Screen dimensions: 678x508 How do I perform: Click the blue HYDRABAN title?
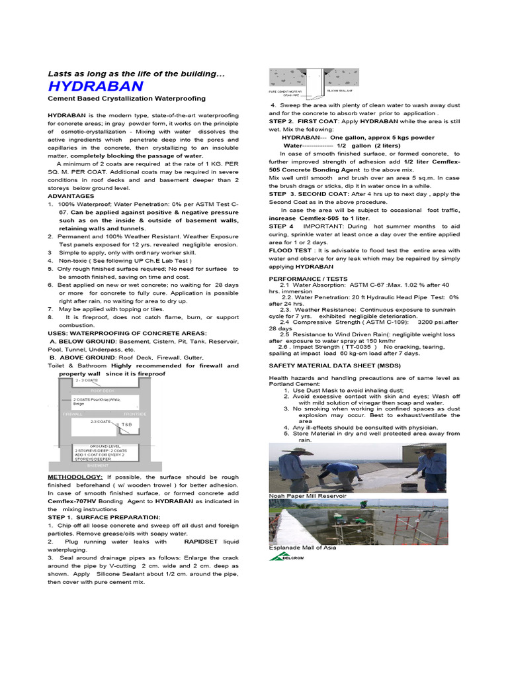point(95,86)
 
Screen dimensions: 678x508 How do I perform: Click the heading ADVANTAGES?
point(71,196)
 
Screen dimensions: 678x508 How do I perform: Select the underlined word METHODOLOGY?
point(75,477)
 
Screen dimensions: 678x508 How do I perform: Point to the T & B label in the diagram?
point(126,424)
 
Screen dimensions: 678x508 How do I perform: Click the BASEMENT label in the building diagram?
point(97,465)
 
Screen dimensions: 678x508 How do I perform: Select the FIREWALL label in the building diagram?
point(73,414)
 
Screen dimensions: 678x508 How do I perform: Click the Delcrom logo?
point(286,557)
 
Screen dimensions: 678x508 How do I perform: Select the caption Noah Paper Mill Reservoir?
point(308,495)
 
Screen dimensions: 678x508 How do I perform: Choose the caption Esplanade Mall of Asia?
point(302,548)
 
